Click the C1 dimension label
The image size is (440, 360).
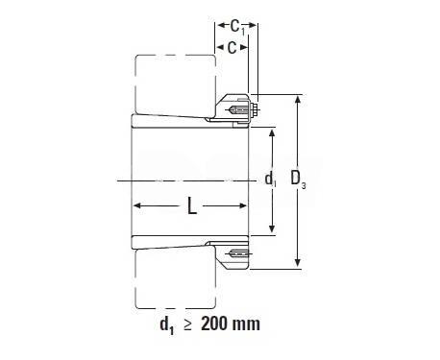pos(237,27)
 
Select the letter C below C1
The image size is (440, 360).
pos(232,48)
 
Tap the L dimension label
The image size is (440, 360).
pos(192,205)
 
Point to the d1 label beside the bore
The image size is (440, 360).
pos(271,180)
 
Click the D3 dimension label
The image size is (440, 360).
pos(298,180)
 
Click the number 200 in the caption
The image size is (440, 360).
pos(216,324)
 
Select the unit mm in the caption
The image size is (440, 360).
pos(248,324)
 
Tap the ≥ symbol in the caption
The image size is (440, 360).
pos(188,324)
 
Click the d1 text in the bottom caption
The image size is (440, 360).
pos(167,325)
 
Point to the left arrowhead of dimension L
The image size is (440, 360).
pos(136,205)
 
